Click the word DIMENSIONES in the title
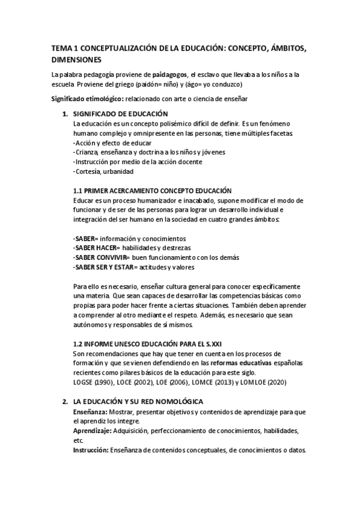click(x=76, y=60)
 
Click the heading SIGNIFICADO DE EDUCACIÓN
click(x=120, y=114)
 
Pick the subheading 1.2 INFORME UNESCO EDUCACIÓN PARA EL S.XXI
click(x=150, y=343)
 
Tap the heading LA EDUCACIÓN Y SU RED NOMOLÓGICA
click(x=138, y=401)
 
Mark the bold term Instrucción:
click(x=91, y=450)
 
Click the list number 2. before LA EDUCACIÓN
click(x=64, y=401)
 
